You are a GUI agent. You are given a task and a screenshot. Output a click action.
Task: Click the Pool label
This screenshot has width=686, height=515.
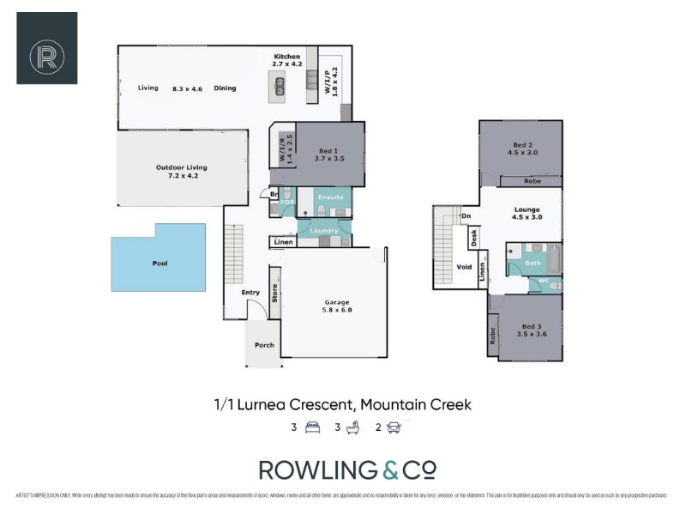(159, 264)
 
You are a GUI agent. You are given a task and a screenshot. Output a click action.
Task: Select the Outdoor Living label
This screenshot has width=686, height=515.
(182, 167)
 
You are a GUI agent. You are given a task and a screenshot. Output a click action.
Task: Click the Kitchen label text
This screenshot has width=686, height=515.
(288, 56)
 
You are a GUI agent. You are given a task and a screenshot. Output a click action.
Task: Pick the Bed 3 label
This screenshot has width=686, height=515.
(533, 325)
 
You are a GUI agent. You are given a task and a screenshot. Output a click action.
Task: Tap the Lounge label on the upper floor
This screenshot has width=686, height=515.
(527, 209)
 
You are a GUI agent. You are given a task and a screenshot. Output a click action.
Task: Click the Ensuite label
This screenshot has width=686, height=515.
(331, 197)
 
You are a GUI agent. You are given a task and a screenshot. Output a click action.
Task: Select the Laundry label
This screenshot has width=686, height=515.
(324, 230)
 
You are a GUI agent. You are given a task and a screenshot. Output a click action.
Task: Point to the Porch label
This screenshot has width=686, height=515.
(264, 345)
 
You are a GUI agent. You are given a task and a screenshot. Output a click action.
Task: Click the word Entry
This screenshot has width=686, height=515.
(250, 293)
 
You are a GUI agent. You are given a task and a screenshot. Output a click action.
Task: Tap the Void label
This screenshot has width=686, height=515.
(464, 267)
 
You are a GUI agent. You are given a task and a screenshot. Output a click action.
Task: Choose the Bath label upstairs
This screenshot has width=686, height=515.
(533, 263)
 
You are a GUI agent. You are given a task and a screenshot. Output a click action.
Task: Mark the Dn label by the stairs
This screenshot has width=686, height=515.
(466, 216)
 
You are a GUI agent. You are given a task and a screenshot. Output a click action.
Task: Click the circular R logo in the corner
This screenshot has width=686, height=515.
(47, 49)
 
